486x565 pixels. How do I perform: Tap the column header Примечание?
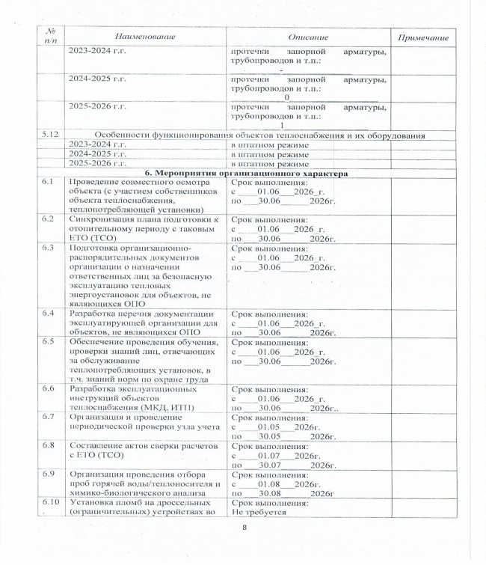(424, 37)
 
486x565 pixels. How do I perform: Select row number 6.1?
(47, 183)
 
